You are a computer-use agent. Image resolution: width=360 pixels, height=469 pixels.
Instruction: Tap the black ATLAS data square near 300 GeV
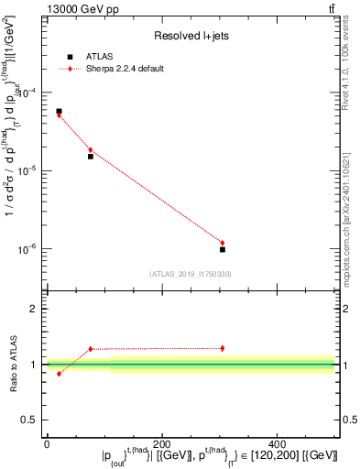223,249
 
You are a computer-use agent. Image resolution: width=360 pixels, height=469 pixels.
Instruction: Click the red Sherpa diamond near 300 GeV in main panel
223,243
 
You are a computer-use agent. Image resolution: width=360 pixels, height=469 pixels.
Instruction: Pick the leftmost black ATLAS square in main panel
59,111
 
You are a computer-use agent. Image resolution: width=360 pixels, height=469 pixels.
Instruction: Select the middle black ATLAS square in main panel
91,157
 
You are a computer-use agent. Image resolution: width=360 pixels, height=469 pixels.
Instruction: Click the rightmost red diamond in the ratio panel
223,348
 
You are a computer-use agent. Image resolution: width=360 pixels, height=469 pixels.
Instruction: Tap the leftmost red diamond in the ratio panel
59,374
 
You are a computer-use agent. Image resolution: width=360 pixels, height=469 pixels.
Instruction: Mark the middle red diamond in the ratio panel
91,349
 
